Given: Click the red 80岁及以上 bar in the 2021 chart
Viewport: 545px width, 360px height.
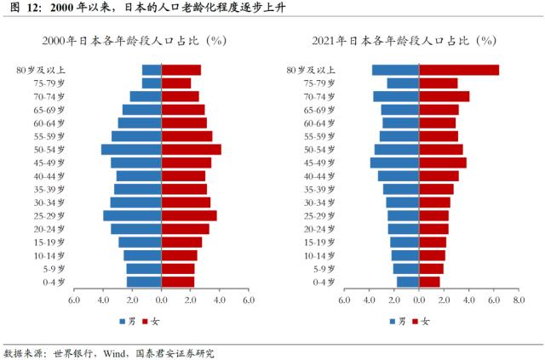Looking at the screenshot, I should pos(459,70).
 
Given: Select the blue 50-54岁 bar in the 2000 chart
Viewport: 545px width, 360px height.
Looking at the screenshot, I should pos(131,150).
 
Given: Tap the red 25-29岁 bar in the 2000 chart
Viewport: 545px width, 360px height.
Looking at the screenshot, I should pos(189,215).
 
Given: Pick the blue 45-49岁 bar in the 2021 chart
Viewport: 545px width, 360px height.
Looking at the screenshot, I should pos(394,163).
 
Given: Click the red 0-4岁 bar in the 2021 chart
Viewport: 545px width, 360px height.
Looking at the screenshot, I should pos(429,282).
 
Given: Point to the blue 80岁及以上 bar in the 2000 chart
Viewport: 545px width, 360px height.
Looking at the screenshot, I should pos(152,70).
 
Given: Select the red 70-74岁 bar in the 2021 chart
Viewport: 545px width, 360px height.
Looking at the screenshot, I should pos(444,96).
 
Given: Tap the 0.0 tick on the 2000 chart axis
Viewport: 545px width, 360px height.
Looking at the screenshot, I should pos(161,300).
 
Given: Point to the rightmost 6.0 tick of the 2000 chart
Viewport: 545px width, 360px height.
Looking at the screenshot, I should pos(248,300).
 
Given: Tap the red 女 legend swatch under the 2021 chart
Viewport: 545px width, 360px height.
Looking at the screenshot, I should pos(415,321).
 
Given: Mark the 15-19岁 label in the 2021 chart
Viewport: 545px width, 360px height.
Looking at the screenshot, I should pos(318,243).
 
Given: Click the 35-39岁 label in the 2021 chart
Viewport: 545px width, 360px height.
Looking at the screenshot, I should pos(318,189).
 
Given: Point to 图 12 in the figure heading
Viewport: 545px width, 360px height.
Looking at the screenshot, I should pos(19,8).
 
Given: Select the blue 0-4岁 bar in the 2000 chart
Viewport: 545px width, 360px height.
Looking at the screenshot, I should pos(144,282).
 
